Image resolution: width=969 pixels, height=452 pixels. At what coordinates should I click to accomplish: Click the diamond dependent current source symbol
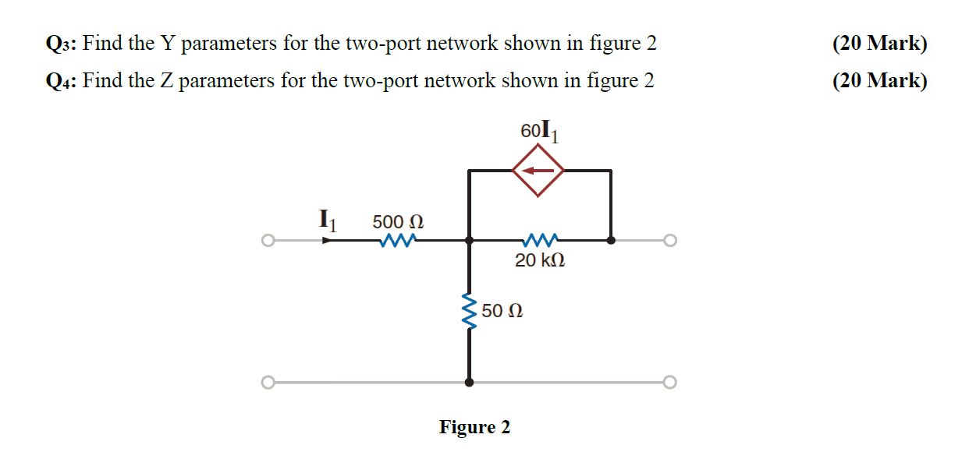point(538,171)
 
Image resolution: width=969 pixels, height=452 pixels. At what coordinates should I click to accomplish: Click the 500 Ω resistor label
point(398,221)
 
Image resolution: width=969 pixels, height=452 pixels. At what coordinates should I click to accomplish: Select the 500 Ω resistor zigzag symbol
point(398,240)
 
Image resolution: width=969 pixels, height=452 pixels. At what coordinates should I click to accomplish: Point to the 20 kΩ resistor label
point(540,260)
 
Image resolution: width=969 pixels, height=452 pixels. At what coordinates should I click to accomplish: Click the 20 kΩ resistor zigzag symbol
point(541,240)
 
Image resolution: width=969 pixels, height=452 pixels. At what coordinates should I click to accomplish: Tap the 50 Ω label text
point(502,311)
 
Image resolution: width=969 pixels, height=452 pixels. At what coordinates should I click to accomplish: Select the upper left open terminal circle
point(267,241)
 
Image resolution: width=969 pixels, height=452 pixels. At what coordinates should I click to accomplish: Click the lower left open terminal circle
point(267,383)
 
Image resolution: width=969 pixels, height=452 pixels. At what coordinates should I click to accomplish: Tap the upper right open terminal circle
point(669,241)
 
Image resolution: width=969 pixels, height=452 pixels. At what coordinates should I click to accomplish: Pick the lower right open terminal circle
point(669,383)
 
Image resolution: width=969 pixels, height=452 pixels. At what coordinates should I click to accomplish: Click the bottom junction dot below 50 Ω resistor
point(469,383)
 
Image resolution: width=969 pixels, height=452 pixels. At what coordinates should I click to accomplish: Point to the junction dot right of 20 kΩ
point(611,241)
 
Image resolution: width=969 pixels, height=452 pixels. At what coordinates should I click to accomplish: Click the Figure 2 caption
point(474,427)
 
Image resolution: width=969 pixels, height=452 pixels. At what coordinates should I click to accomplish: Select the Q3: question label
point(61,44)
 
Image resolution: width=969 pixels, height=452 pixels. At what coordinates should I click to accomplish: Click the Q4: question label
point(61,81)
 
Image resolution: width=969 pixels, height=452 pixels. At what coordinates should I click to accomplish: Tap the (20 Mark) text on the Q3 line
point(880,44)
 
